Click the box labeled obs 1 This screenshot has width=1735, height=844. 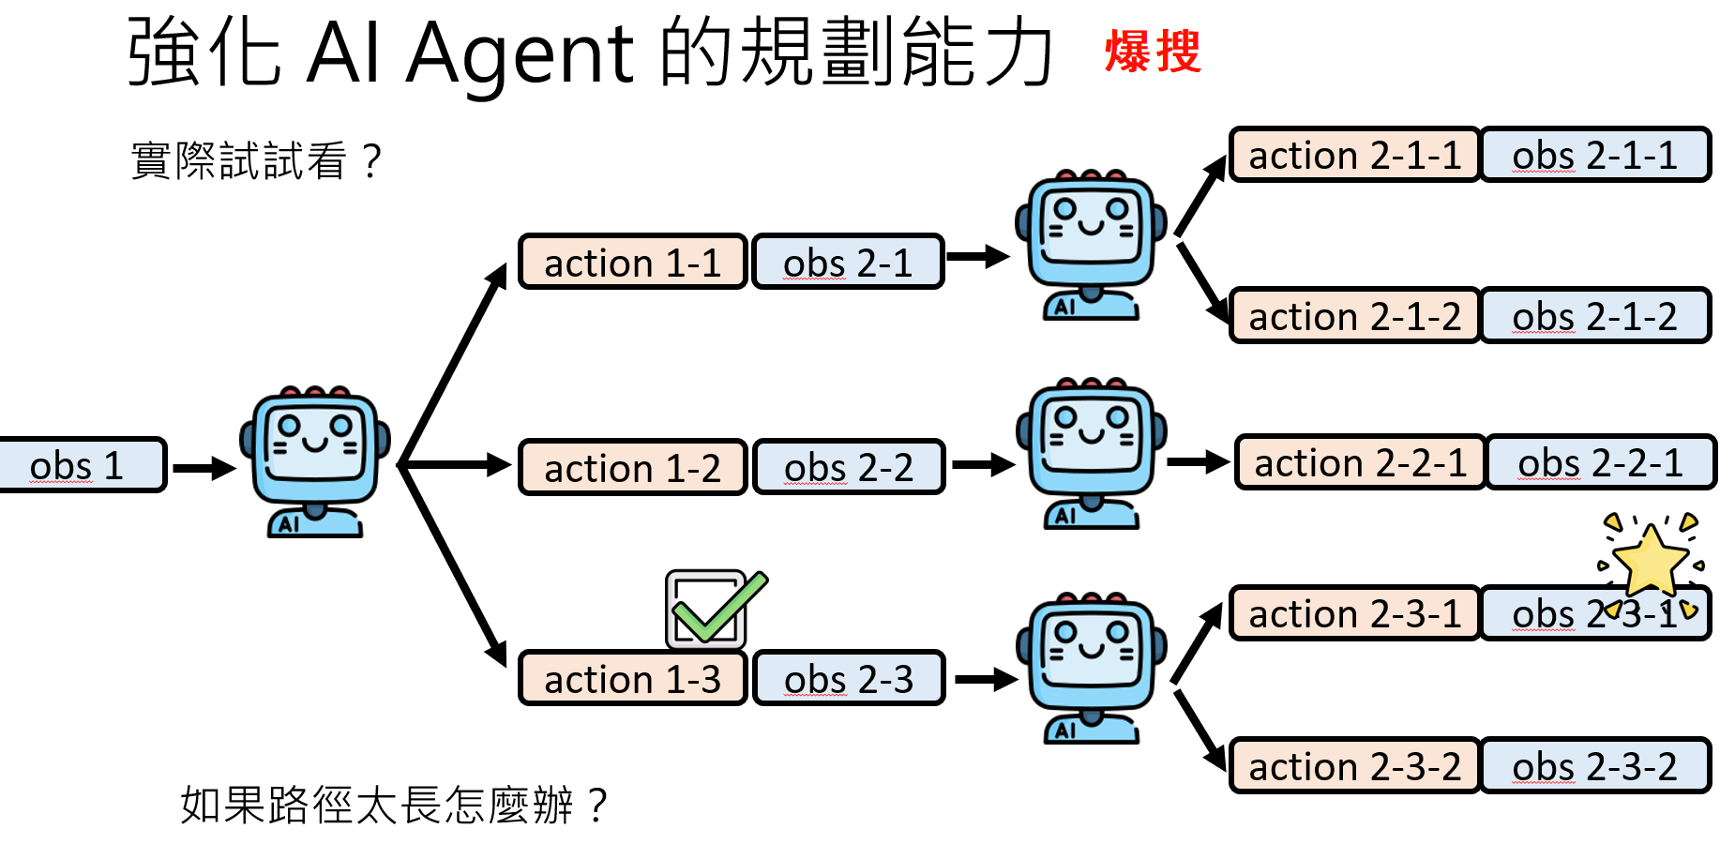point(80,465)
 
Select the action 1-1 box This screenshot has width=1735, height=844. point(632,263)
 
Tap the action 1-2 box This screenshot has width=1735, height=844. point(632,467)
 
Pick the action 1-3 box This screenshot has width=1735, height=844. point(632,678)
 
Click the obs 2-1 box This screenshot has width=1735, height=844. point(848,263)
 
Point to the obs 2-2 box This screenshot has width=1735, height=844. point(848,467)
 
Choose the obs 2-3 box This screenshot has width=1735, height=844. point(848,678)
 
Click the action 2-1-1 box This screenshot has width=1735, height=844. point(1354,155)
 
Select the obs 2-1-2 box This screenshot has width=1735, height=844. point(1594,316)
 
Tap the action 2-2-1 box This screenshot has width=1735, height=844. point(1360,462)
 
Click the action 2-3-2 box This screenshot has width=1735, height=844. point(1354,766)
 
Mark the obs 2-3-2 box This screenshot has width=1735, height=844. point(1594,766)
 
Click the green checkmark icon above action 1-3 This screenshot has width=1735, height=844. point(715,610)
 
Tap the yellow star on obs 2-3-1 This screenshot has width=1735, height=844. point(1651,561)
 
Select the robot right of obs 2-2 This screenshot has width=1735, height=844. point(1091,453)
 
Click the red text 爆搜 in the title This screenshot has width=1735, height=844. point(1153,52)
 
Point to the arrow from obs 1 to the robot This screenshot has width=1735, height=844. point(204,468)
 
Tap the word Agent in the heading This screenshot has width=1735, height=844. point(520,53)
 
